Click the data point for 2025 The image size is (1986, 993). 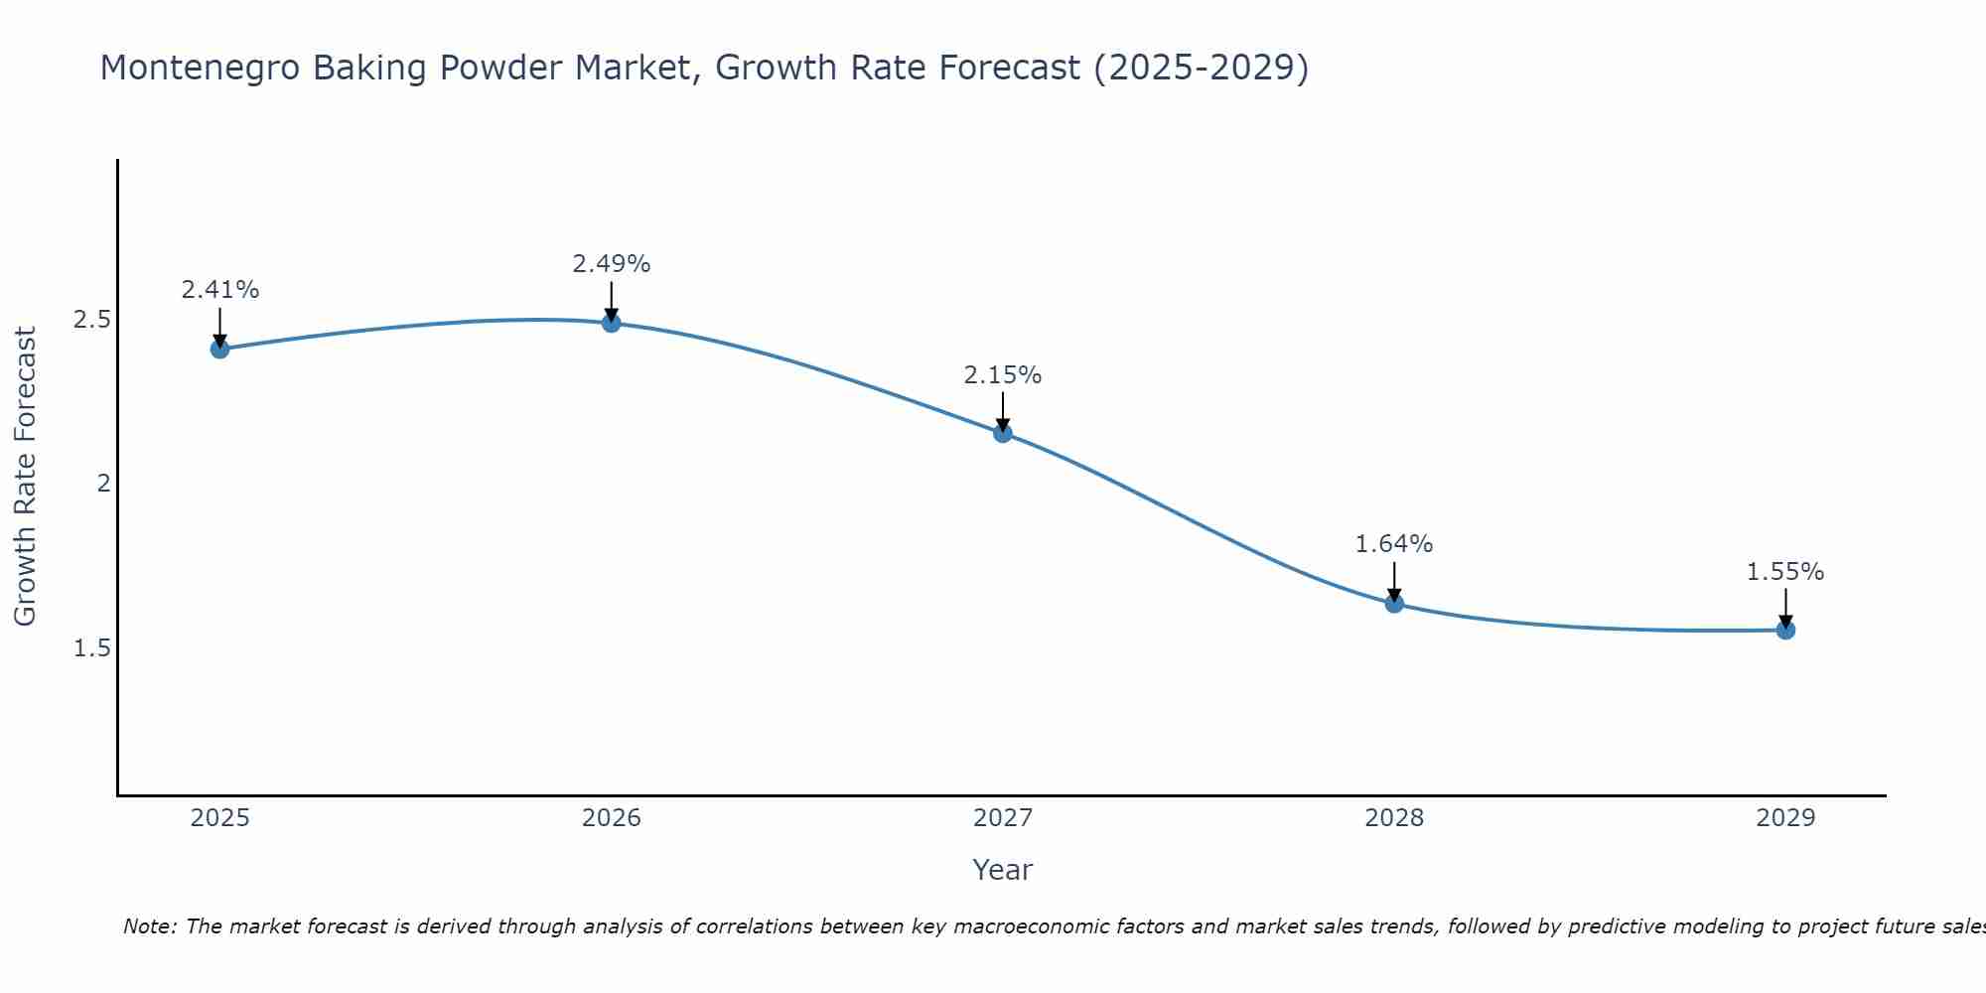220,349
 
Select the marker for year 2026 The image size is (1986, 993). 612,323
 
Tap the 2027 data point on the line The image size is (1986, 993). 1003,433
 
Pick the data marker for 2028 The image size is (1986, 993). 1394,603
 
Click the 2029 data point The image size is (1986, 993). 1785,630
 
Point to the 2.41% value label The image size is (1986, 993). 220,290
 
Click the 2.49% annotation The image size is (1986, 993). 612,264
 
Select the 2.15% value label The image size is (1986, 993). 1003,375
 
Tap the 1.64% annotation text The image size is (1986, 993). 1394,544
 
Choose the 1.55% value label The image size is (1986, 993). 1785,572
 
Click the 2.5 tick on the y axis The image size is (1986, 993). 92,320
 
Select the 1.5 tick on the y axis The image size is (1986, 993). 92,648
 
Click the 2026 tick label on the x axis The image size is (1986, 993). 612,818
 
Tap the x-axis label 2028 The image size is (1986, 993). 1394,818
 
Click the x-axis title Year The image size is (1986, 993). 1003,870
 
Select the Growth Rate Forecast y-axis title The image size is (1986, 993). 25,477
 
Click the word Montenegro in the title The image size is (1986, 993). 200,69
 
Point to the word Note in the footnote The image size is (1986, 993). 148,926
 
